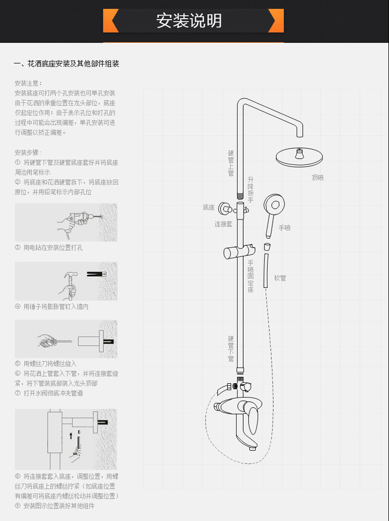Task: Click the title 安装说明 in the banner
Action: point(189,21)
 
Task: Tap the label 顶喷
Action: point(317,177)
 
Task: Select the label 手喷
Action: point(285,228)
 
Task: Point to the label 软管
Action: point(280,278)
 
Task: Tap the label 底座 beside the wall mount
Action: point(209,207)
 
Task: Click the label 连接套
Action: point(224,224)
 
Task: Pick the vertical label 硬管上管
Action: point(231,163)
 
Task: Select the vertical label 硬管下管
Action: point(231,348)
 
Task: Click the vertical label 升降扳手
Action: point(251,189)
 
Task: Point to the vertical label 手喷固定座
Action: point(251,276)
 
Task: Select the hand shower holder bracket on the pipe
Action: point(234,252)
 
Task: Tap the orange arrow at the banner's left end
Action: point(110,21)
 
